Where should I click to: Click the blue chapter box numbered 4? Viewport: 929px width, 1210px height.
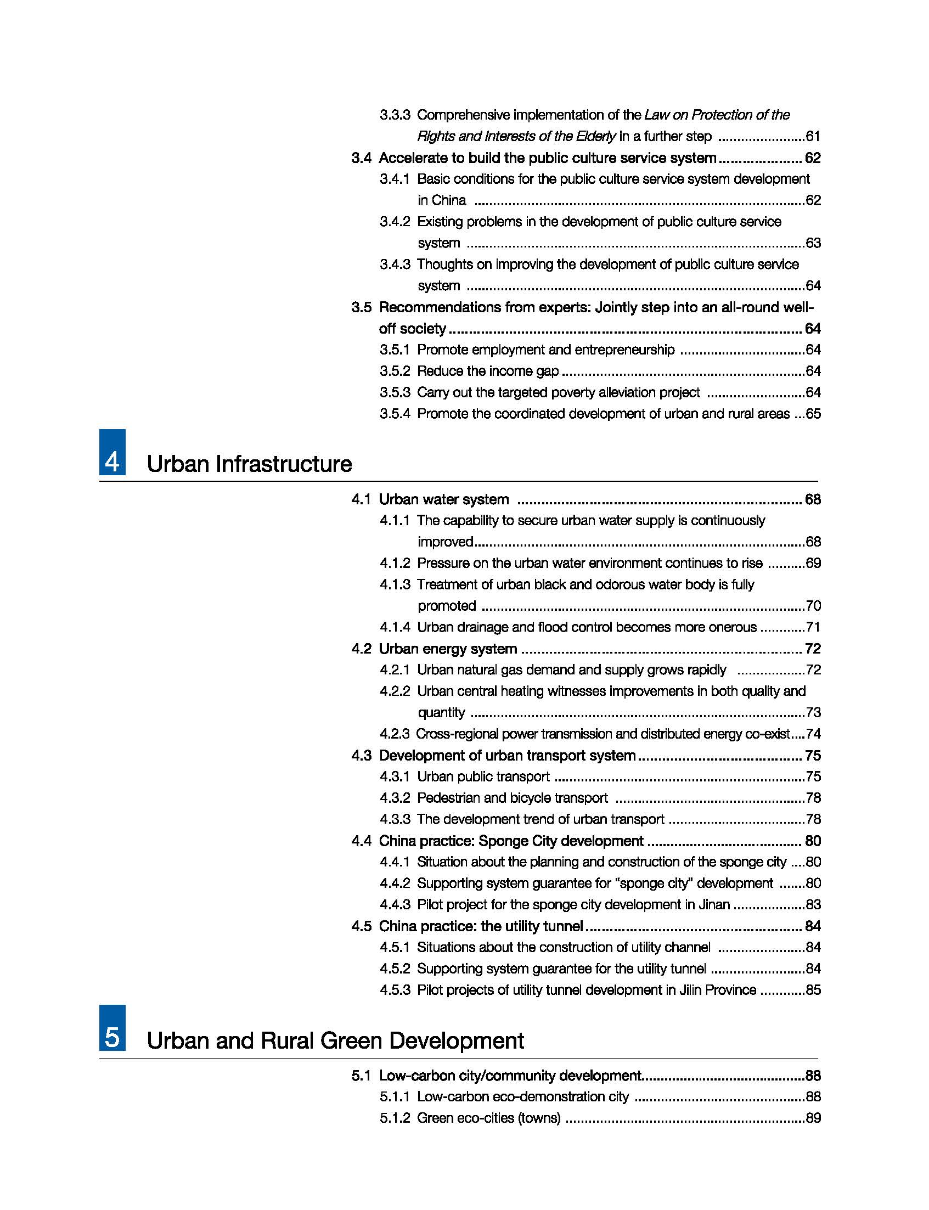click(x=112, y=452)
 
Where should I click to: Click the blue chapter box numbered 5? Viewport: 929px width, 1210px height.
click(x=112, y=1027)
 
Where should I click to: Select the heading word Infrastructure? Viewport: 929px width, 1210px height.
click(x=284, y=464)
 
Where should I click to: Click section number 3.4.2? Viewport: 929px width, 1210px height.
click(x=395, y=222)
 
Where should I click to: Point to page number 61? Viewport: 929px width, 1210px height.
click(x=813, y=136)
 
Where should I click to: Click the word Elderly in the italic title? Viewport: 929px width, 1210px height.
click(x=595, y=136)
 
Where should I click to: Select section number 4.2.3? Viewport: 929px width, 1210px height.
click(x=395, y=734)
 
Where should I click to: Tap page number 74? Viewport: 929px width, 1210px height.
click(x=813, y=734)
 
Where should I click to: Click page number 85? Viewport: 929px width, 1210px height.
click(x=813, y=989)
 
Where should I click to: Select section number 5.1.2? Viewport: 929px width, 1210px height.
click(x=395, y=1118)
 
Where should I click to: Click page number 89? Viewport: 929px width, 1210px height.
click(x=813, y=1118)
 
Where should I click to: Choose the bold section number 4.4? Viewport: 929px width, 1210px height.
click(x=361, y=841)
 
